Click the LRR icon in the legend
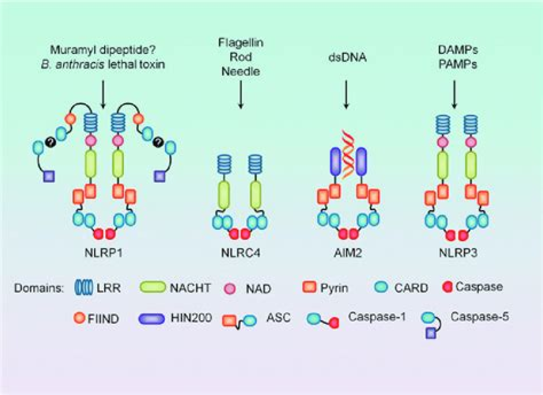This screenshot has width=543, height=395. click(x=82, y=286)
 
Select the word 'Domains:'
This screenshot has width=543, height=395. click(x=37, y=287)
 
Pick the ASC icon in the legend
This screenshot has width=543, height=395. click(x=239, y=319)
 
